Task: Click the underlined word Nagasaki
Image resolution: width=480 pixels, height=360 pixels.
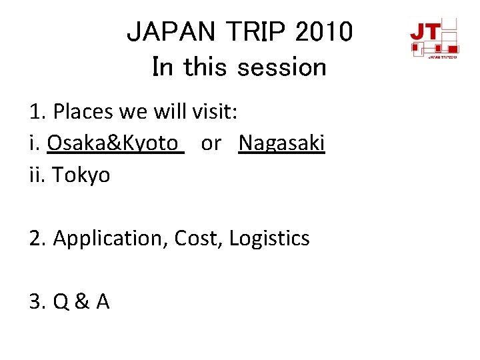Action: (x=281, y=143)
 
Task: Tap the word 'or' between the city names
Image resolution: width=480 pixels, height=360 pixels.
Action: (x=211, y=143)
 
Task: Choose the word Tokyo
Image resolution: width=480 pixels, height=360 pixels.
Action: (x=81, y=175)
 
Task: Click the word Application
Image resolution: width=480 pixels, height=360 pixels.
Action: (x=110, y=238)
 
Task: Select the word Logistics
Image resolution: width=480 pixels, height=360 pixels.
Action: (x=269, y=238)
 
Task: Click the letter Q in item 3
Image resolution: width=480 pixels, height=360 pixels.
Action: (x=61, y=302)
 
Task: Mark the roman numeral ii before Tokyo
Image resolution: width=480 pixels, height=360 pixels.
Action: (x=36, y=175)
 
